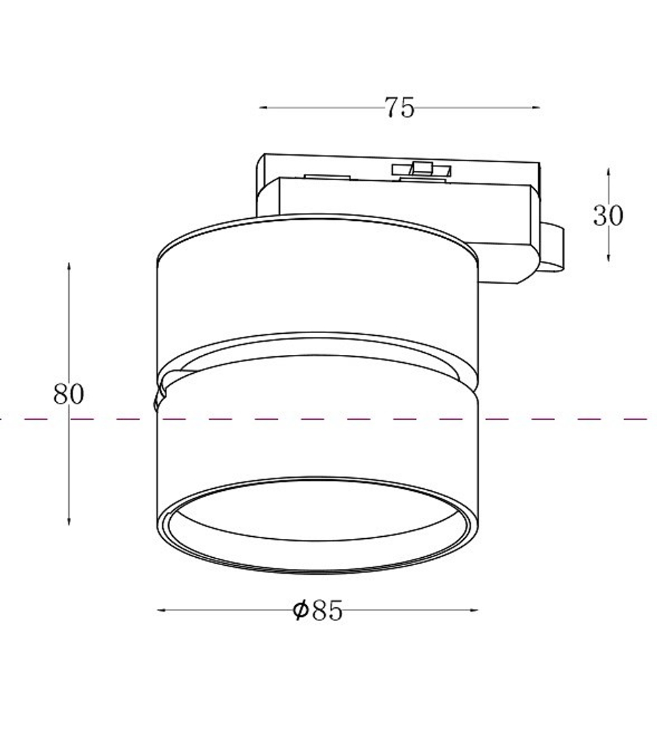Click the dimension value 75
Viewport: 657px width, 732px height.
pos(399,108)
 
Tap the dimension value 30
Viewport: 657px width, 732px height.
pos(608,216)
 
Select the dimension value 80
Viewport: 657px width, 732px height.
pos(68,394)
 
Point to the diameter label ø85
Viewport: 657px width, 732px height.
pos(317,610)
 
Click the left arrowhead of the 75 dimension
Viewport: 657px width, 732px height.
pos(263,108)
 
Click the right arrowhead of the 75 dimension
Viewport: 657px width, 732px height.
pos(536,108)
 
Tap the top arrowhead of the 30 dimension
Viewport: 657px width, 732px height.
pos(608,172)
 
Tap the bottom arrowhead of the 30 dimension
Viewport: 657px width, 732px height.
pos(608,257)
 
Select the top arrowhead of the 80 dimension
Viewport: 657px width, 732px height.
pos(68,267)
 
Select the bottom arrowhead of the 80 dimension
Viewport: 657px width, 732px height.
pos(68,521)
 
